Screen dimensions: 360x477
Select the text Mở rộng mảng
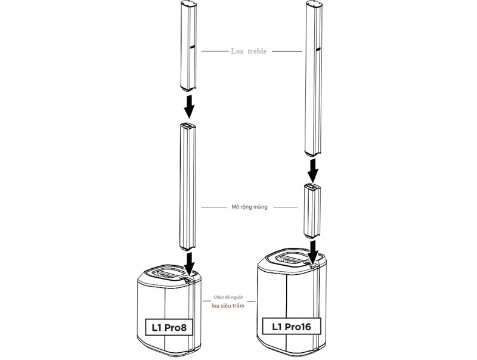coord(249,207)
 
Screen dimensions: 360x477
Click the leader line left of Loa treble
coord(214,52)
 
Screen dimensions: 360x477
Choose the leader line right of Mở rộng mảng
coord(281,207)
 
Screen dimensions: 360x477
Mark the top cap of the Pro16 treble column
coord(314,4)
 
